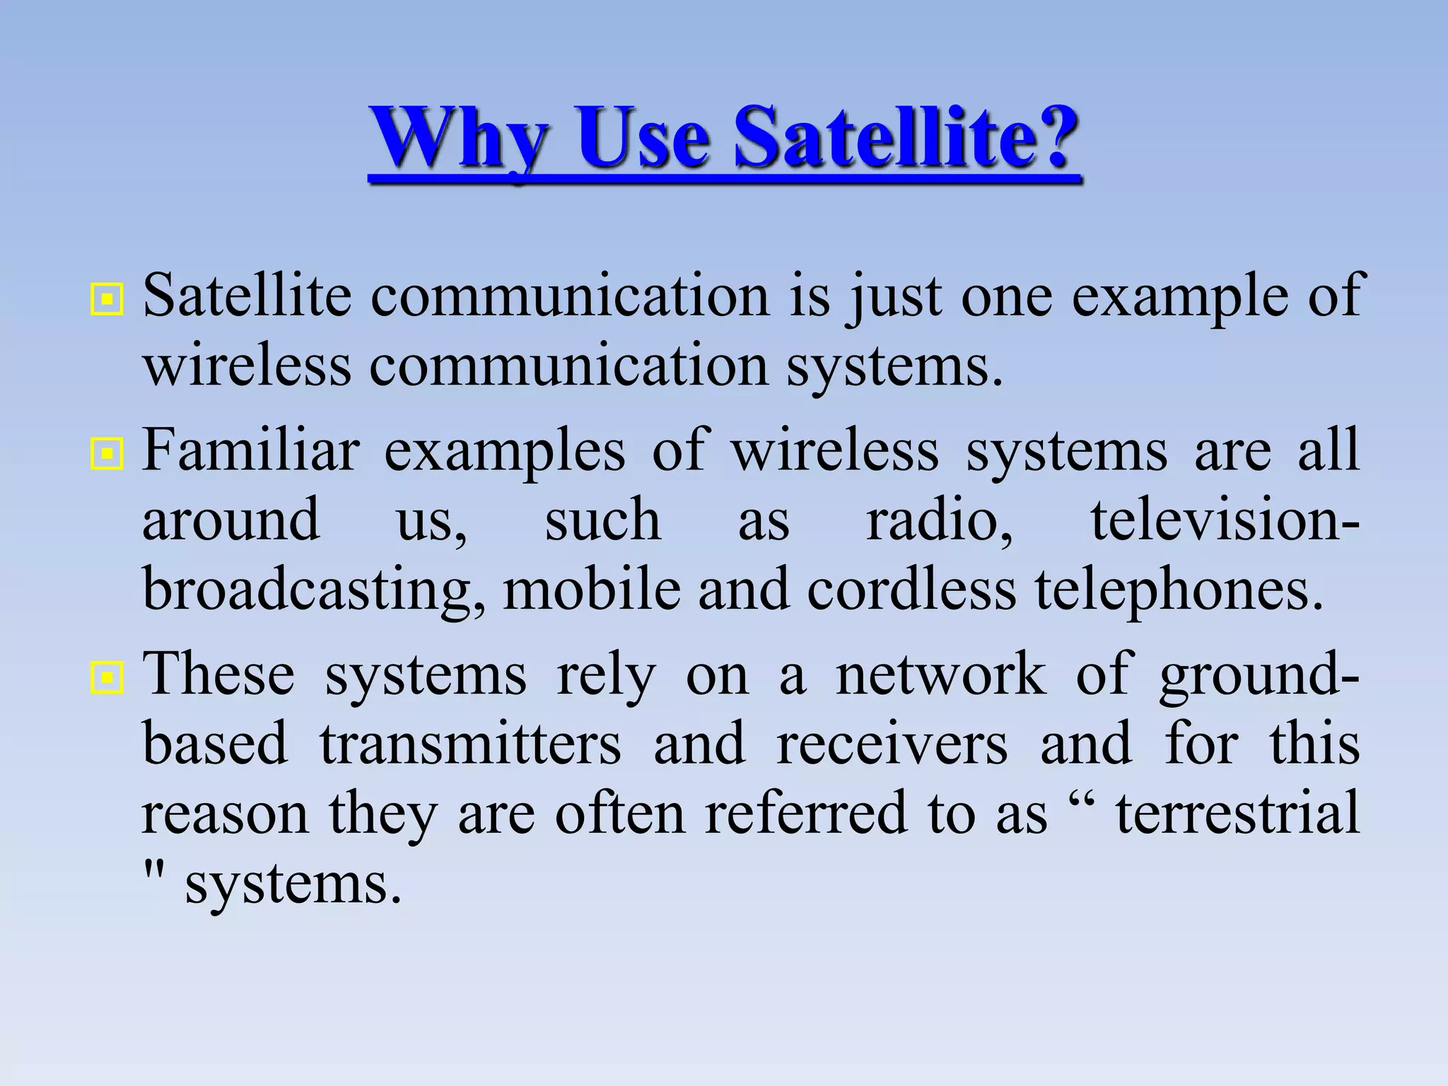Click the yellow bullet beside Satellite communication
click(x=107, y=300)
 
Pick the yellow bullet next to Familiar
click(x=107, y=455)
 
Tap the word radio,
click(x=940, y=520)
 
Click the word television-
click(x=1224, y=520)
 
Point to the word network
click(x=941, y=675)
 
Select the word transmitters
click(x=470, y=744)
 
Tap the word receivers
click(x=892, y=744)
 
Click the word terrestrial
click(x=1237, y=813)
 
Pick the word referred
click(x=806, y=813)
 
